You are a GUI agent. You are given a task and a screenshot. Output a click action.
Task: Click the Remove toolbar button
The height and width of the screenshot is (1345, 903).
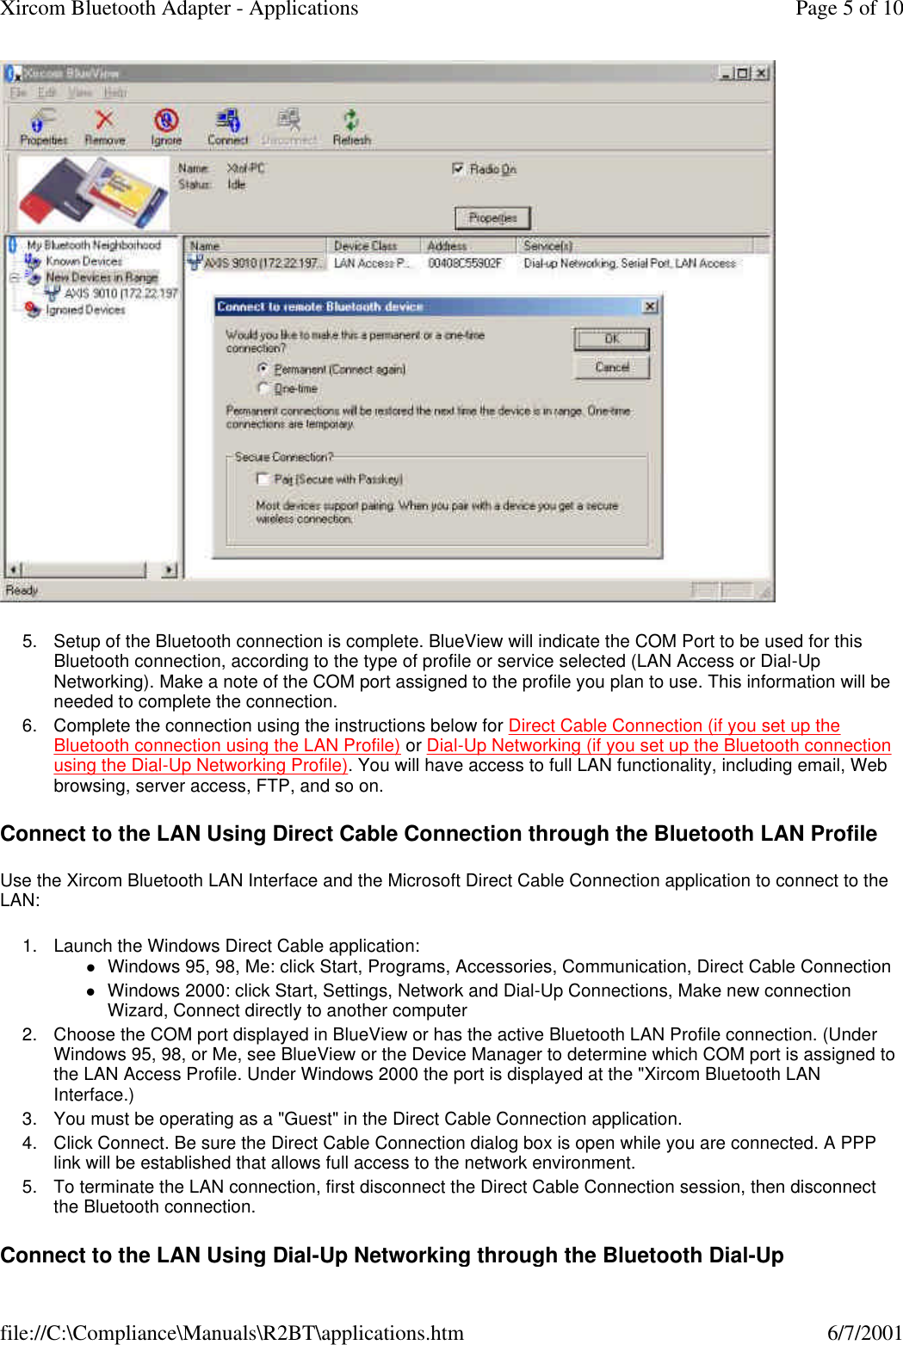pyautogui.click(x=104, y=126)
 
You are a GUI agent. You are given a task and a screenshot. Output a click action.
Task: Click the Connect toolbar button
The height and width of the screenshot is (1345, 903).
pyautogui.click(x=227, y=126)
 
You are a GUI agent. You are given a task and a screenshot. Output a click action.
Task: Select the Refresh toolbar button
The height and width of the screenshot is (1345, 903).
pyautogui.click(x=351, y=126)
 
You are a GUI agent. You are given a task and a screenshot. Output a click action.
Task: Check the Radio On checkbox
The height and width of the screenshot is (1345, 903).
pyautogui.click(x=458, y=169)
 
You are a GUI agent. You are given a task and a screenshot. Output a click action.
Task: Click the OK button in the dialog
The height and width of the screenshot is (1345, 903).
pyautogui.click(x=611, y=339)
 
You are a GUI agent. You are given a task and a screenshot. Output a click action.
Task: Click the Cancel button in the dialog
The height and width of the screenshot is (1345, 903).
pyautogui.click(x=611, y=367)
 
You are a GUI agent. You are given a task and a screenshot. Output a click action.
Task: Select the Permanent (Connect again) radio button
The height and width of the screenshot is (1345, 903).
pyautogui.click(x=263, y=368)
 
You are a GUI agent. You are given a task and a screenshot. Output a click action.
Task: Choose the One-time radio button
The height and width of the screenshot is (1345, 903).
pyautogui.click(x=263, y=388)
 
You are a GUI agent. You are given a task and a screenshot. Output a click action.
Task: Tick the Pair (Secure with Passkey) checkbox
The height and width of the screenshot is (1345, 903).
pyautogui.click(x=263, y=478)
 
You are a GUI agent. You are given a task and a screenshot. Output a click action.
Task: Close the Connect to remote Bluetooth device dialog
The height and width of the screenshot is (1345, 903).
pyautogui.click(x=650, y=306)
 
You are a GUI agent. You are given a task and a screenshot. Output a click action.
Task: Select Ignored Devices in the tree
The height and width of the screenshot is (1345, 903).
pyautogui.click(x=85, y=310)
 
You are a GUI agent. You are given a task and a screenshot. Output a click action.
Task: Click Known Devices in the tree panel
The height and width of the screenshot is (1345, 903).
pyautogui.click(x=83, y=261)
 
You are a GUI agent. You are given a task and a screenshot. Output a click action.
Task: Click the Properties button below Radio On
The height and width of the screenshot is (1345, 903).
pyautogui.click(x=492, y=218)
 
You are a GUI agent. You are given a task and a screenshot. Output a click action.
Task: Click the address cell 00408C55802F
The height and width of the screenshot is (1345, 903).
pyautogui.click(x=465, y=263)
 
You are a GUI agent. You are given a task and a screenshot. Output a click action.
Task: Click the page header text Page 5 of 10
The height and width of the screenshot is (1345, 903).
pyautogui.click(x=848, y=9)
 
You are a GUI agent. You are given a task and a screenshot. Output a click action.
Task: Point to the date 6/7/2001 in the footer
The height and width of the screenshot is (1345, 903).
pyautogui.click(x=863, y=1333)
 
